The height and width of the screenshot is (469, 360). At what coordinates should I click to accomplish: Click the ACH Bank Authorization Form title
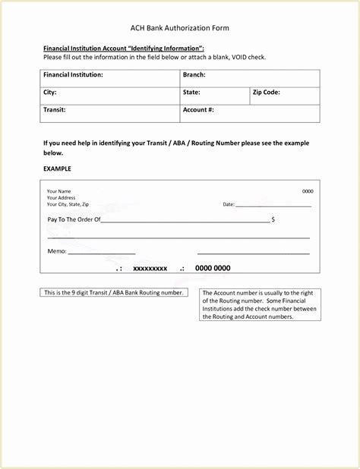180,28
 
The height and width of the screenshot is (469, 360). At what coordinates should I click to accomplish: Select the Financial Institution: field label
73,75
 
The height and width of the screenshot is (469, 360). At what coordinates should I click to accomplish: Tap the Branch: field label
194,75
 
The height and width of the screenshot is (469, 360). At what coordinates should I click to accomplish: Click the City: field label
50,93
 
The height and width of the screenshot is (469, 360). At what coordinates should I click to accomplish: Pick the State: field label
191,93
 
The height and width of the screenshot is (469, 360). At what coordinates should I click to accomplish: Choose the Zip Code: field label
267,93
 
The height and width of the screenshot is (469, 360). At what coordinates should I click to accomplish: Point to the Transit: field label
55,110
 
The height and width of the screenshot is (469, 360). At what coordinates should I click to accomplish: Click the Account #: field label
198,110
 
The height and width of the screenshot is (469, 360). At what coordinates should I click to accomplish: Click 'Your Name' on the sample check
58,191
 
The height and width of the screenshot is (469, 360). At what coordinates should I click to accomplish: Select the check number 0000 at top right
308,191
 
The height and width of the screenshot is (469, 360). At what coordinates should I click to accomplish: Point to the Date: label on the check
229,205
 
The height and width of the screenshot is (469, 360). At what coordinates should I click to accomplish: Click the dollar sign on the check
273,219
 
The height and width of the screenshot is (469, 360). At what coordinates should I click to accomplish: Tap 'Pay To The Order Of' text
74,219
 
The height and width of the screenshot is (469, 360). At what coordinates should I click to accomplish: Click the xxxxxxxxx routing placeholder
150,269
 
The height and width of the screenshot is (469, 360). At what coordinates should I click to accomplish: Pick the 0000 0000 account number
213,269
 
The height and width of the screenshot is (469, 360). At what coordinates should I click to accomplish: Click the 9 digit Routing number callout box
113,292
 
